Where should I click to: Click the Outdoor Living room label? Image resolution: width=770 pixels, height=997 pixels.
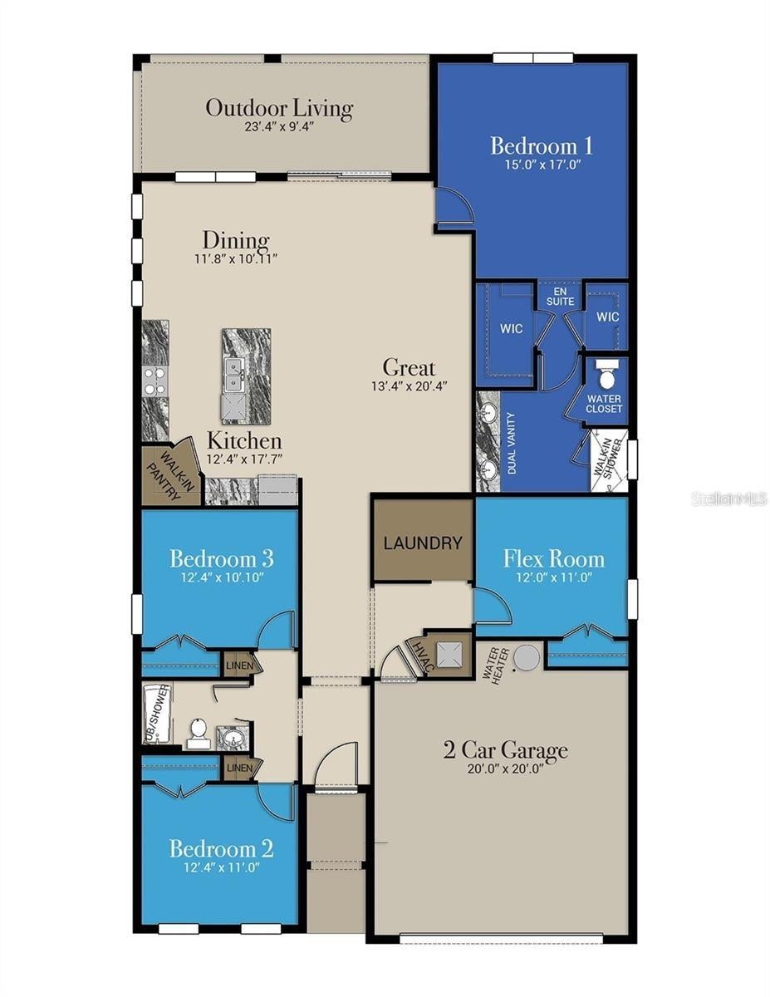pyautogui.click(x=279, y=109)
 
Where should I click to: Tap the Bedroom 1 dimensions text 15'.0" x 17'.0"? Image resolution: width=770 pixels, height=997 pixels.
pyautogui.click(x=543, y=165)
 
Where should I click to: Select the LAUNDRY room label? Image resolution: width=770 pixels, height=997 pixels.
pyautogui.click(x=423, y=543)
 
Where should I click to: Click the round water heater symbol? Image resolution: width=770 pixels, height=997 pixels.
pyautogui.click(x=526, y=657)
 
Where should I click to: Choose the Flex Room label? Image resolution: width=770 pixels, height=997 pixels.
pyautogui.click(x=553, y=559)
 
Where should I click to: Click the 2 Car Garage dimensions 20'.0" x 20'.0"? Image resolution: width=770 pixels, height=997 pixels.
pyautogui.click(x=505, y=781)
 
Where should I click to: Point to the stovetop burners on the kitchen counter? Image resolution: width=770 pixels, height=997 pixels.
pyautogui.click(x=154, y=381)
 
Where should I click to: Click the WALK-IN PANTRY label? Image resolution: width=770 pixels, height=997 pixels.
pyautogui.click(x=170, y=475)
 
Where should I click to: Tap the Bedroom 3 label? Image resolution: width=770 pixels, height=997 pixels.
pyautogui.click(x=222, y=559)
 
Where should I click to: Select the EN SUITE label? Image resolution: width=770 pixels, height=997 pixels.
pyautogui.click(x=560, y=297)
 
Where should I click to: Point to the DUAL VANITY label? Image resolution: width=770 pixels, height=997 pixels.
pyautogui.click(x=512, y=444)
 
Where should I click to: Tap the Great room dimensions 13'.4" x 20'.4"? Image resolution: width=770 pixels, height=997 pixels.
pyautogui.click(x=409, y=386)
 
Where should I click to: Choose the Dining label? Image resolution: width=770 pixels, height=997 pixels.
pyautogui.click(x=236, y=241)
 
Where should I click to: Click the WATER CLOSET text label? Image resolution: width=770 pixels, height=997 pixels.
pyautogui.click(x=604, y=404)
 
